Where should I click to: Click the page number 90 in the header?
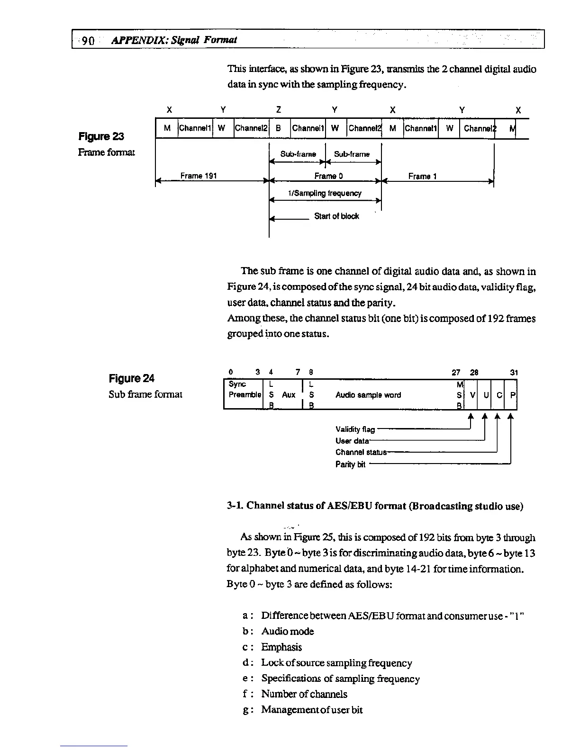pyautogui.click(x=88, y=40)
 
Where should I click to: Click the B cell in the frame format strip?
pyautogui.click(x=279, y=128)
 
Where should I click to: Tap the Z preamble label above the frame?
pyautogui.click(x=279, y=110)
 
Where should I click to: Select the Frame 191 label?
pyautogui.click(x=199, y=176)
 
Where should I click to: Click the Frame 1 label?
pyautogui.click(x=422, y=177)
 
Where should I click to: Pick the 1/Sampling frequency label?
pyautogui.click(x=325, y=193)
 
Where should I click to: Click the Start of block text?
pyautogui.click(x=336, y=216)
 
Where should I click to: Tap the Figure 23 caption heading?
pyautogui.click(x=101, y=136)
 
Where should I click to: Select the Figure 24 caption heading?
pyautogui.click(x=131, y=378)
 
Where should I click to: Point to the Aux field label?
pyautogui.click(x=289, y=395)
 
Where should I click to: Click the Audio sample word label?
pyautogui.click(x=368, y=395)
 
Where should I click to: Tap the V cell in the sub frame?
pyautogui.click(x=472, y=395)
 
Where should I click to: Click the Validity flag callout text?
pyautogui.click(x=355, y=429)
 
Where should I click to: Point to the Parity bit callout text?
pyautogui.click(x=350, y=464)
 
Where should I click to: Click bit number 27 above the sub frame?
pyautogui.click(x=457, y=373)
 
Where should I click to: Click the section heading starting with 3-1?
pyautogui.click(x=375, y=506)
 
